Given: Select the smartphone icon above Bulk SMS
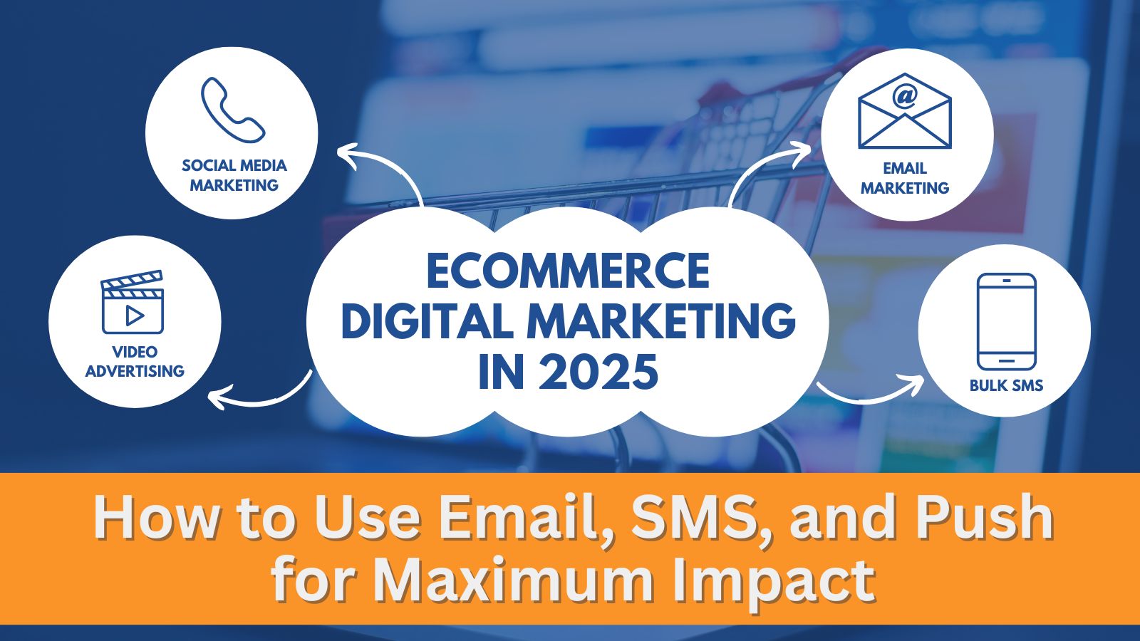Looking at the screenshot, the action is [x=1006, y=321].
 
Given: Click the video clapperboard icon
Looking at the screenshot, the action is [x=133, y=302].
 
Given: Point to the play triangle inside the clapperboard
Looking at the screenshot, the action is [x=135, y=316].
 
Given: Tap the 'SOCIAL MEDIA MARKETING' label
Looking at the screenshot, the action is [x=234, y=175].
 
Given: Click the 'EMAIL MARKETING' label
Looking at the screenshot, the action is [x=905, y=178].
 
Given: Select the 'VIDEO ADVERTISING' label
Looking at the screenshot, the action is [x=135, y=361].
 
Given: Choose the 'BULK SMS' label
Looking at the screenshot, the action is [x=1006, y=385].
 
